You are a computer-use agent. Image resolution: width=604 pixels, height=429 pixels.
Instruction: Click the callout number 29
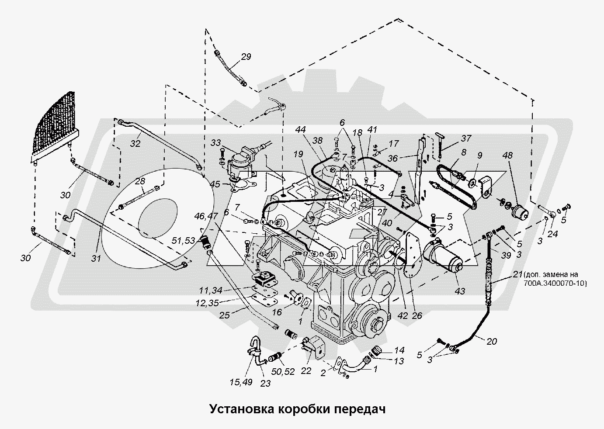coord(246,56)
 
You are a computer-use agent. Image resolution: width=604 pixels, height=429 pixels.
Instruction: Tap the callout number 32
coord(135,143)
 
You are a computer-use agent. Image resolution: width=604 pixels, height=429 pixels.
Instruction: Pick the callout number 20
coord(492,342)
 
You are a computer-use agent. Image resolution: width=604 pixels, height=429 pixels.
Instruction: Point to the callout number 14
coord(399,350)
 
